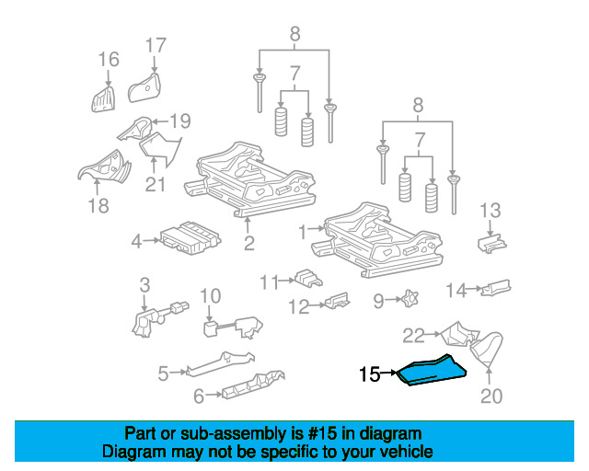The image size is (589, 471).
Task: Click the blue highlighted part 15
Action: click(x=431, y=371)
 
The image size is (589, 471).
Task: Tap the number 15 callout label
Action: click(x=369, y=374)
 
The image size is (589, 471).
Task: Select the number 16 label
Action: click(x=109, y=60)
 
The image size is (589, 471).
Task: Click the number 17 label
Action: click(x=156, y=44)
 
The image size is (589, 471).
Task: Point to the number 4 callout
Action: click(x=136, y=242)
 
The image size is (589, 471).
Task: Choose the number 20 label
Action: click(x=491, y=396)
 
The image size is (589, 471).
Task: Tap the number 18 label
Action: click(x=98, y=206)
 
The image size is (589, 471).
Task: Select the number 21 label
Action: click(x=155, y=184)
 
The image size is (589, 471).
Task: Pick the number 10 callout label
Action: click(x=210, y=295)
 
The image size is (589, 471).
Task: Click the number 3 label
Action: click(x=144, y=284)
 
